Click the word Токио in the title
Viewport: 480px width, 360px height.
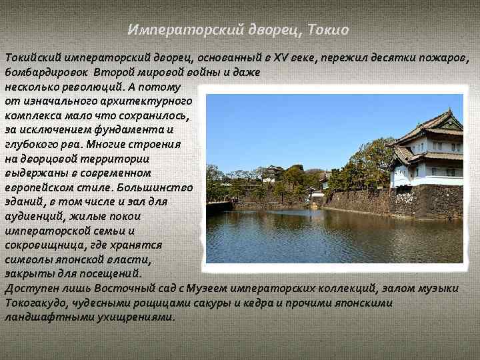[x=329, y=30]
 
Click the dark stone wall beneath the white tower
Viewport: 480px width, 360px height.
[x=427, y=201]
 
